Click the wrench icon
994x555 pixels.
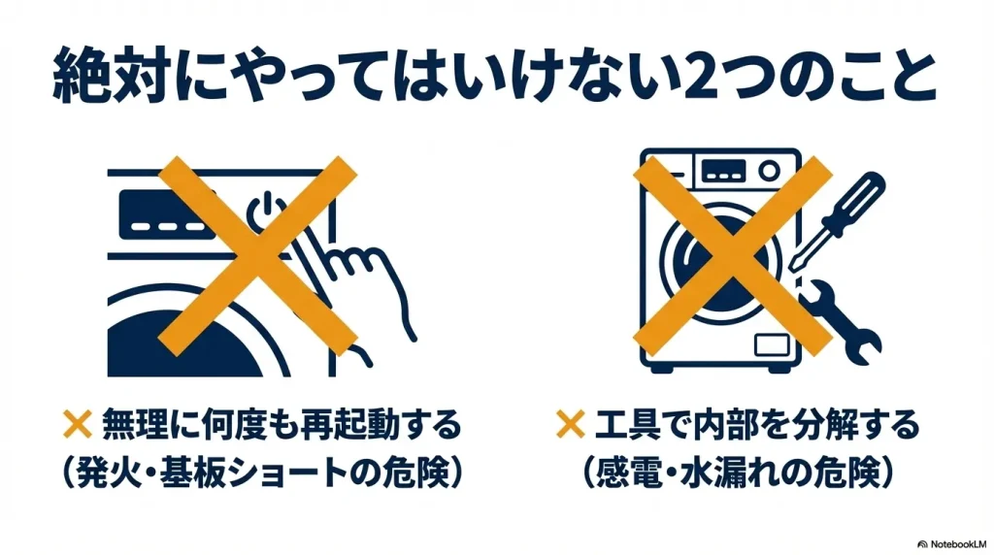[845, 319]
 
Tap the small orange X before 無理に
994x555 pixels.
[77, 424]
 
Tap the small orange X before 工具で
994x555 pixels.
[570, 424]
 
